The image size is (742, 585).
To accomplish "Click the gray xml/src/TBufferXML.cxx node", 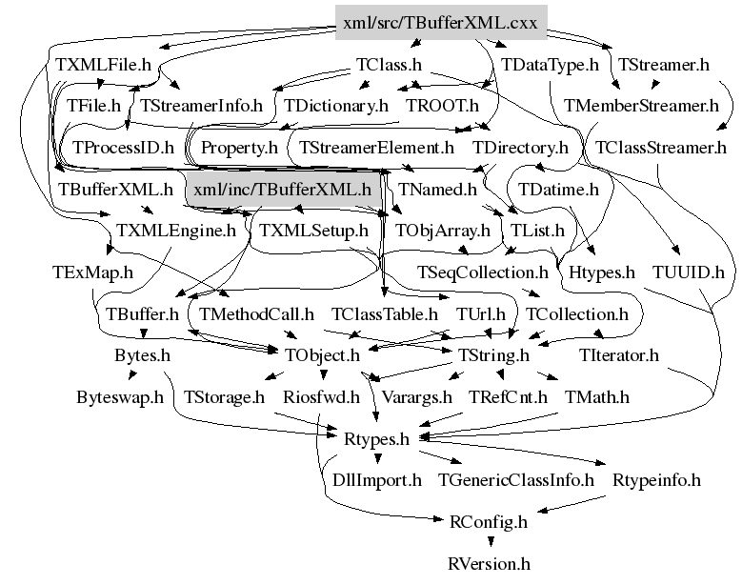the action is pyautogui.click(x=441, y=22).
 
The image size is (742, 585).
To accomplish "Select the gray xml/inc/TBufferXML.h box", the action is pyautogui.click(x=283, y=190).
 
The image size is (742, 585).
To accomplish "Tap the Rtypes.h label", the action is pyautogui.click(x=376, y=439).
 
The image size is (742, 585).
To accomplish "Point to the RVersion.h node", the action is pyautogui.click(x=489, y=564).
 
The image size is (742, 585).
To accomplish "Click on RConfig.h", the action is pyautogui.click(x=488, y=522).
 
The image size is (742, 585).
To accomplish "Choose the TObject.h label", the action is pyautogui.click(x=322, y=355).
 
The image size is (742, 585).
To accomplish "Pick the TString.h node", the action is pyautogui.click(x=493, y=355).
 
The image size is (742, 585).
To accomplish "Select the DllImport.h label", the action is pyautogui.click(x=376, y=480).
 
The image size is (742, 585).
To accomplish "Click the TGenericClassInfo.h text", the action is pyautogui.click(x=516, y=480).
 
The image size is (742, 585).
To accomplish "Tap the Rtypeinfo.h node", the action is pyautogui.click(x=656, y=480).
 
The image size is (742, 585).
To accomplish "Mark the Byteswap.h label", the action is pyautogui.click(x=120, y=397).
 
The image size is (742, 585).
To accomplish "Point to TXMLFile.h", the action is pyautogui.click(x=103, y=65).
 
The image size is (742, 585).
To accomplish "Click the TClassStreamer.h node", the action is pyautogui.click(x=661, y=148).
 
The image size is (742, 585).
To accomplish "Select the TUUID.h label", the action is pyautogui.click(x=689, y=272).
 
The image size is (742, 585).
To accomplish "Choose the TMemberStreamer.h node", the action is pyautogui.click(x=641, y=106).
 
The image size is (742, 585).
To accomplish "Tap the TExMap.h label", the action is pyautogui.click(x=92, y=272).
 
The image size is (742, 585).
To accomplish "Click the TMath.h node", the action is pyautogui.click(x=596, y=397).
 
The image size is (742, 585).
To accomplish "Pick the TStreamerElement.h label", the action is pyautogui.click(x=376, y=148).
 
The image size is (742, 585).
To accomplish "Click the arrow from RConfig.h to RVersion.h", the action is pyautogui.click(x=491, y=541).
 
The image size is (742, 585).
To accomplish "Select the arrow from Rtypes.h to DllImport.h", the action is pyautogui.click(x=377, y=458).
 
